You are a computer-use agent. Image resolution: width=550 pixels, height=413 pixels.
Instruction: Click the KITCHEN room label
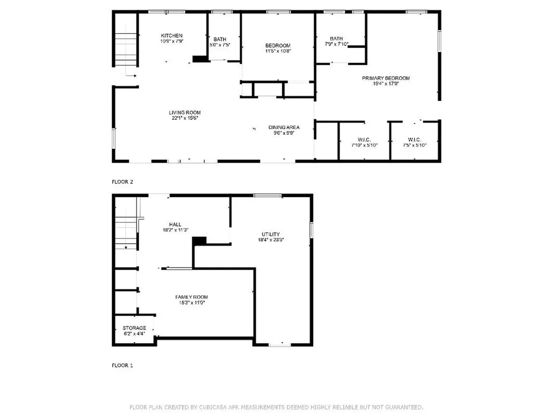[x=172, y=35]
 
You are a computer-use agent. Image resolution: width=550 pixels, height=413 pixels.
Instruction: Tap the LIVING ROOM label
[x=185, y=112]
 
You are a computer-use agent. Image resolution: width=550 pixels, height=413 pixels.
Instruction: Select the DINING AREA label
[x=284, y=127]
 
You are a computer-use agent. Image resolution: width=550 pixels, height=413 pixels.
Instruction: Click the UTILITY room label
[x=271, y=234]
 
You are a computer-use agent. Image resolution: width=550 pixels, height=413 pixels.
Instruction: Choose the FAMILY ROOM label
[x=192, y=297]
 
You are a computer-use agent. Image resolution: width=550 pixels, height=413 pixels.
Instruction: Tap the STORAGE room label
[x=134, y=328]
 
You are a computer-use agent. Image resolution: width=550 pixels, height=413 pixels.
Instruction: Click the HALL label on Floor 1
[x=175, y=224]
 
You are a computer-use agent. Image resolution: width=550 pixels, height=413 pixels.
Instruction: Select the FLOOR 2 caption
[x=122, y=182]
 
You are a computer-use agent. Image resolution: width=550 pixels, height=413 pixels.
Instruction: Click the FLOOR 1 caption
[x=122, y=365]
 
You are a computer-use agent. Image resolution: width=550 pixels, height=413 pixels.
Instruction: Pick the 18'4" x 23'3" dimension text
[x=271, y=240]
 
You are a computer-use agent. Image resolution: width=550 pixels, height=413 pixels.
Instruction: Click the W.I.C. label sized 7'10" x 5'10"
[x=365, y=140]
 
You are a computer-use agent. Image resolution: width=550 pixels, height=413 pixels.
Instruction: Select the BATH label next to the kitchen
[x=220, y=39]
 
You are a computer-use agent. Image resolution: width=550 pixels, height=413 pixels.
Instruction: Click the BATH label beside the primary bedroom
[x=336, y=38]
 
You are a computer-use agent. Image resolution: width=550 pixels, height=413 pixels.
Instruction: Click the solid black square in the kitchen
[x=200, y=59]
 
